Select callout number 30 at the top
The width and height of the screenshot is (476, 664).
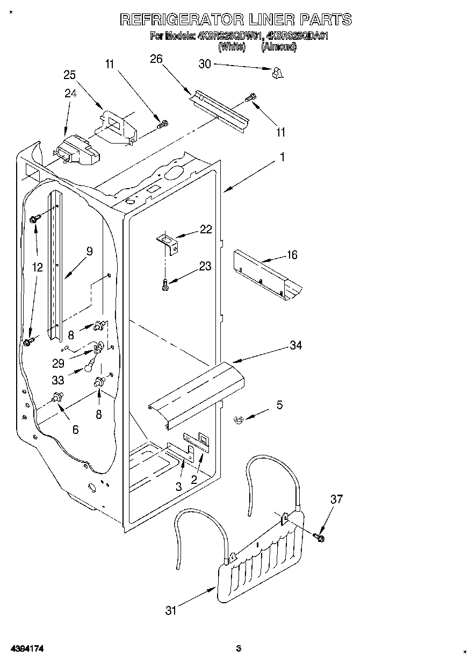pos(205,64)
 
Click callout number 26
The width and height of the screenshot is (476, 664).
pos(156,59)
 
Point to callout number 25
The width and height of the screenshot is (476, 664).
pos(70,75)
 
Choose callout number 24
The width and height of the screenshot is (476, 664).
pos(70,93)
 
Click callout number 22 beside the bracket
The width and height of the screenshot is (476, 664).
pos(205,230)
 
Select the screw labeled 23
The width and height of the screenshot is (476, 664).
pos(165,284)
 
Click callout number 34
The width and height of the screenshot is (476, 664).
pos(295,346)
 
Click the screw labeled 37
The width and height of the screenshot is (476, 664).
pos(320,536)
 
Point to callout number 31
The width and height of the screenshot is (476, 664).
pos(171,610)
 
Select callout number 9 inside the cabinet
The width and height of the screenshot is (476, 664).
pos(89,251)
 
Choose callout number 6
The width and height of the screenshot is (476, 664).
pos(75,429)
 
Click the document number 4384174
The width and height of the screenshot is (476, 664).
pos(26,649)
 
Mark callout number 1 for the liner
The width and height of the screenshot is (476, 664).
pos(282,158)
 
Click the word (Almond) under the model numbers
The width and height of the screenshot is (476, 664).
pos(278,47)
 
